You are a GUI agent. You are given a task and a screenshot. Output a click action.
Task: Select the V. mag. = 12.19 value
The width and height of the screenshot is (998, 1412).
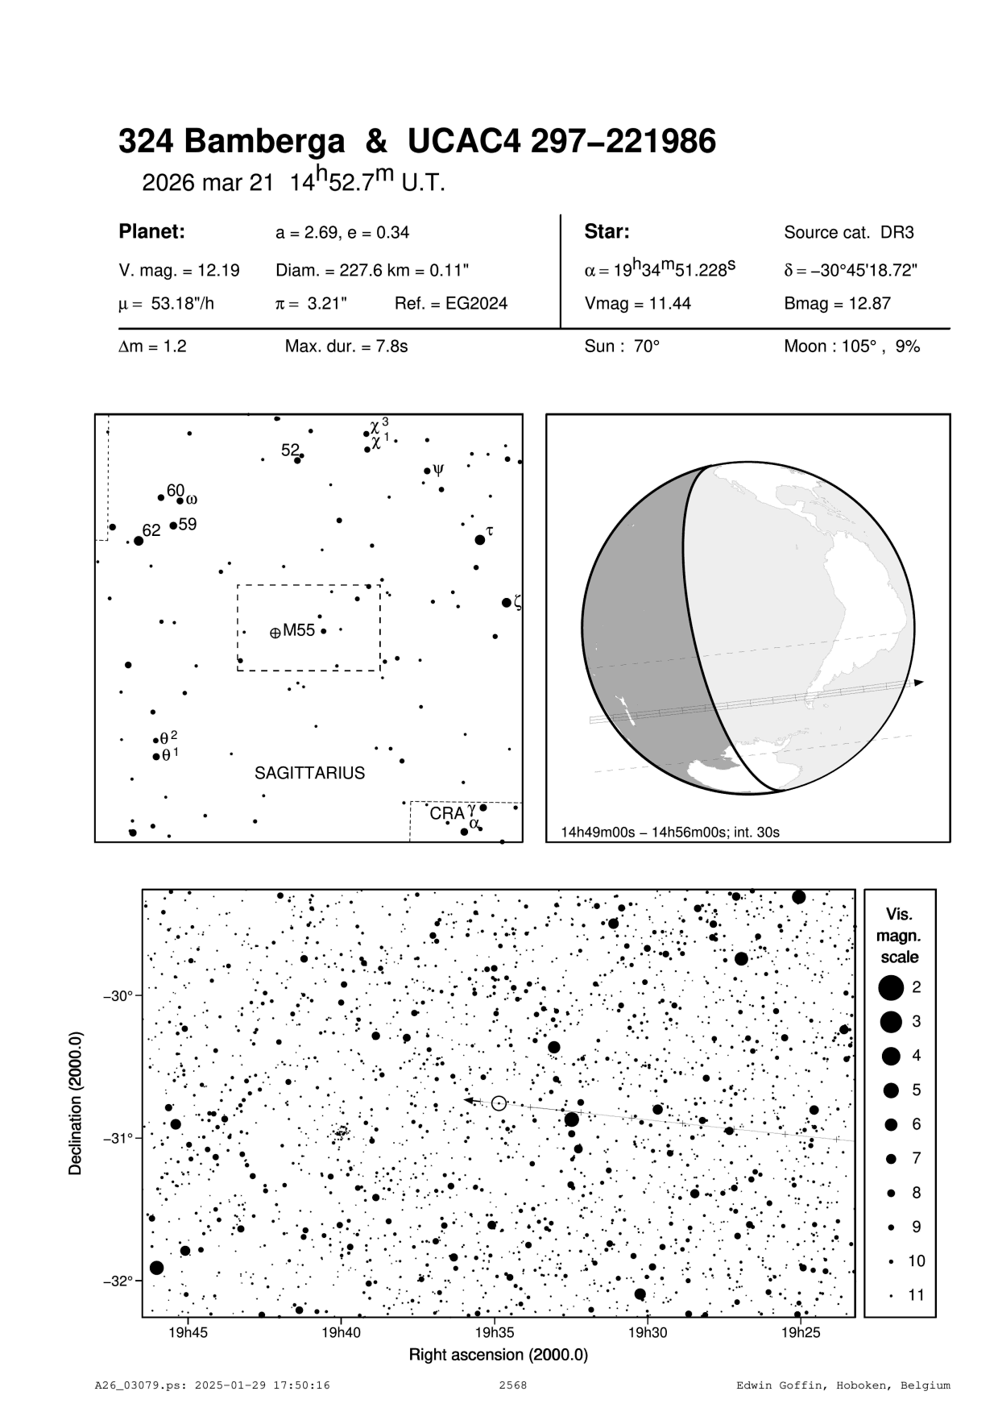(179, 271)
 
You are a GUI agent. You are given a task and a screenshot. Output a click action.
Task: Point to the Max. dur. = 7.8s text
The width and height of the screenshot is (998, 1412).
(346, 347)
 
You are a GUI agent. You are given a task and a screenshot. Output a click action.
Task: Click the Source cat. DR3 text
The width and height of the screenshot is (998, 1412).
(848, 233)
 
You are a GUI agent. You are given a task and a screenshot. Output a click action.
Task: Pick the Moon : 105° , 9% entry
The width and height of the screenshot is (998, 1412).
(851, 347)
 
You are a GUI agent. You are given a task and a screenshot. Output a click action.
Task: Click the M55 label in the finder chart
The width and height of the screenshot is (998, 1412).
(298, 630)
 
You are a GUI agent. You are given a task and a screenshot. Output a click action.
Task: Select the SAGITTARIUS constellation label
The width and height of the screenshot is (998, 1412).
(309, 774)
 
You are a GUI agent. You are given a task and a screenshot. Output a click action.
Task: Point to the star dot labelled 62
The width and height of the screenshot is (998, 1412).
(139, 540)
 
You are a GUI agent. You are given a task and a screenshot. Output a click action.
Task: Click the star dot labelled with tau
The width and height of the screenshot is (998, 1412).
(480, 539)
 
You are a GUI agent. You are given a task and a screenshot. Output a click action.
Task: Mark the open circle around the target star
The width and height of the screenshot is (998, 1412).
(499, 1103)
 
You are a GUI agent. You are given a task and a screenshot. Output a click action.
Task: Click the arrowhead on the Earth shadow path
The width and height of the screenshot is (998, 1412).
(919, 683)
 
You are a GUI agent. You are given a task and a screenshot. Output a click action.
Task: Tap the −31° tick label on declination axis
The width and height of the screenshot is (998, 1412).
(118, 1138)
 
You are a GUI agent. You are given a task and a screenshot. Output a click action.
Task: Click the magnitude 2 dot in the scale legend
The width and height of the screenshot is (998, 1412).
(891, 986)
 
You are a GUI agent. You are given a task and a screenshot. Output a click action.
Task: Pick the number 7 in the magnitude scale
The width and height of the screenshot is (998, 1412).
(916, 1158)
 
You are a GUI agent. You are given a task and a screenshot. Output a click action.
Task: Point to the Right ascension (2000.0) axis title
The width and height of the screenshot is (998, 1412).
(499, 1355)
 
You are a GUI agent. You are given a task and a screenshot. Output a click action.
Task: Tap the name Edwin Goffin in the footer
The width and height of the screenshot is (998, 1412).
(775, 1385)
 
